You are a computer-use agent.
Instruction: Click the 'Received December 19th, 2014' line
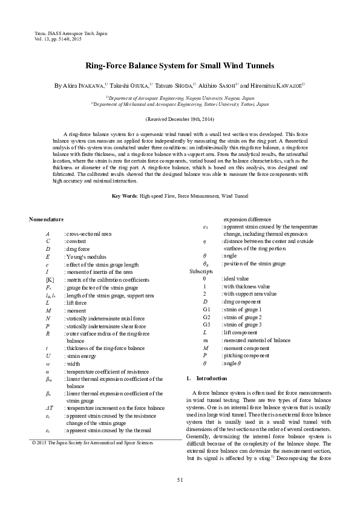[180, 120]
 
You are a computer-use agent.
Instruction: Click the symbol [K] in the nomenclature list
[50, 280]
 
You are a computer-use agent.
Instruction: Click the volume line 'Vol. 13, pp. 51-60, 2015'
[59, 39]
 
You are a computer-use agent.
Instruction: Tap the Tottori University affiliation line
[180, 104]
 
